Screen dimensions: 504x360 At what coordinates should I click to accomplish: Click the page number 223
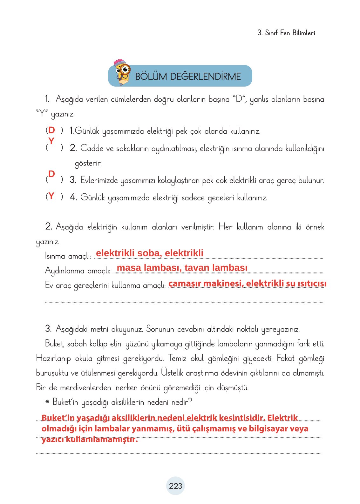pos(175,486)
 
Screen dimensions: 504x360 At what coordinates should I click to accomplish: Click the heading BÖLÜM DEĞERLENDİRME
pos(188,77)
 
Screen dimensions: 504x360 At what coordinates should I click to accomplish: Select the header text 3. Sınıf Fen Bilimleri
pos(286,33)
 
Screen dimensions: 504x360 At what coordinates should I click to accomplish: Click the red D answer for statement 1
pos(51,130)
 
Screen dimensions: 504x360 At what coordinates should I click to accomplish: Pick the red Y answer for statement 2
pos(51,141)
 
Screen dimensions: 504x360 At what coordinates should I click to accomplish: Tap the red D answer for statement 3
pos(51,174)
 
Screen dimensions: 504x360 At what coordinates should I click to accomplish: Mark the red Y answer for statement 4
pos(51,196)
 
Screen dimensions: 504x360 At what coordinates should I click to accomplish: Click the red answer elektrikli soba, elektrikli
pos(150,253)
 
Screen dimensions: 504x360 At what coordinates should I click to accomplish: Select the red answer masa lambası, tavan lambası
pos(182,268)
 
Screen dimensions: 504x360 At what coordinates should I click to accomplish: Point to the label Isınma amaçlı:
pos(68,256)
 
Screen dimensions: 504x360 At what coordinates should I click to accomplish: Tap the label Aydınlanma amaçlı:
pos(78,271)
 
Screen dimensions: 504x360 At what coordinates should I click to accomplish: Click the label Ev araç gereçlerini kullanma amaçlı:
pos(105,285)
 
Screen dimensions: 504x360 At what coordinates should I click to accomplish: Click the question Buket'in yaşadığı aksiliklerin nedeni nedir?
pos(122,402)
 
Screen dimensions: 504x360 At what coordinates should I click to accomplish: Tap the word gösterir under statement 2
pos(88,163)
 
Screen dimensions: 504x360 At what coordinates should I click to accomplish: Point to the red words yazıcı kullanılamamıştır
pos(90,440)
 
